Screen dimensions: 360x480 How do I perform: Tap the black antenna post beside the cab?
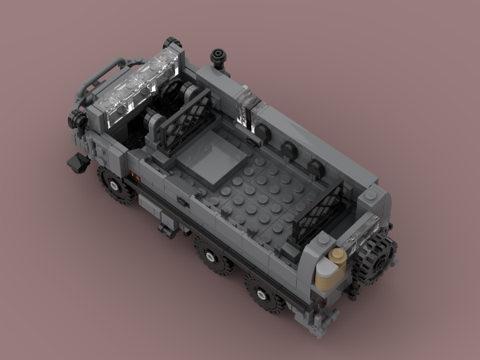217,57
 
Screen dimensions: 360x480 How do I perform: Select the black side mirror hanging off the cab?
77,162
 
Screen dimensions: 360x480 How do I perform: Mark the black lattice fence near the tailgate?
320,211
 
